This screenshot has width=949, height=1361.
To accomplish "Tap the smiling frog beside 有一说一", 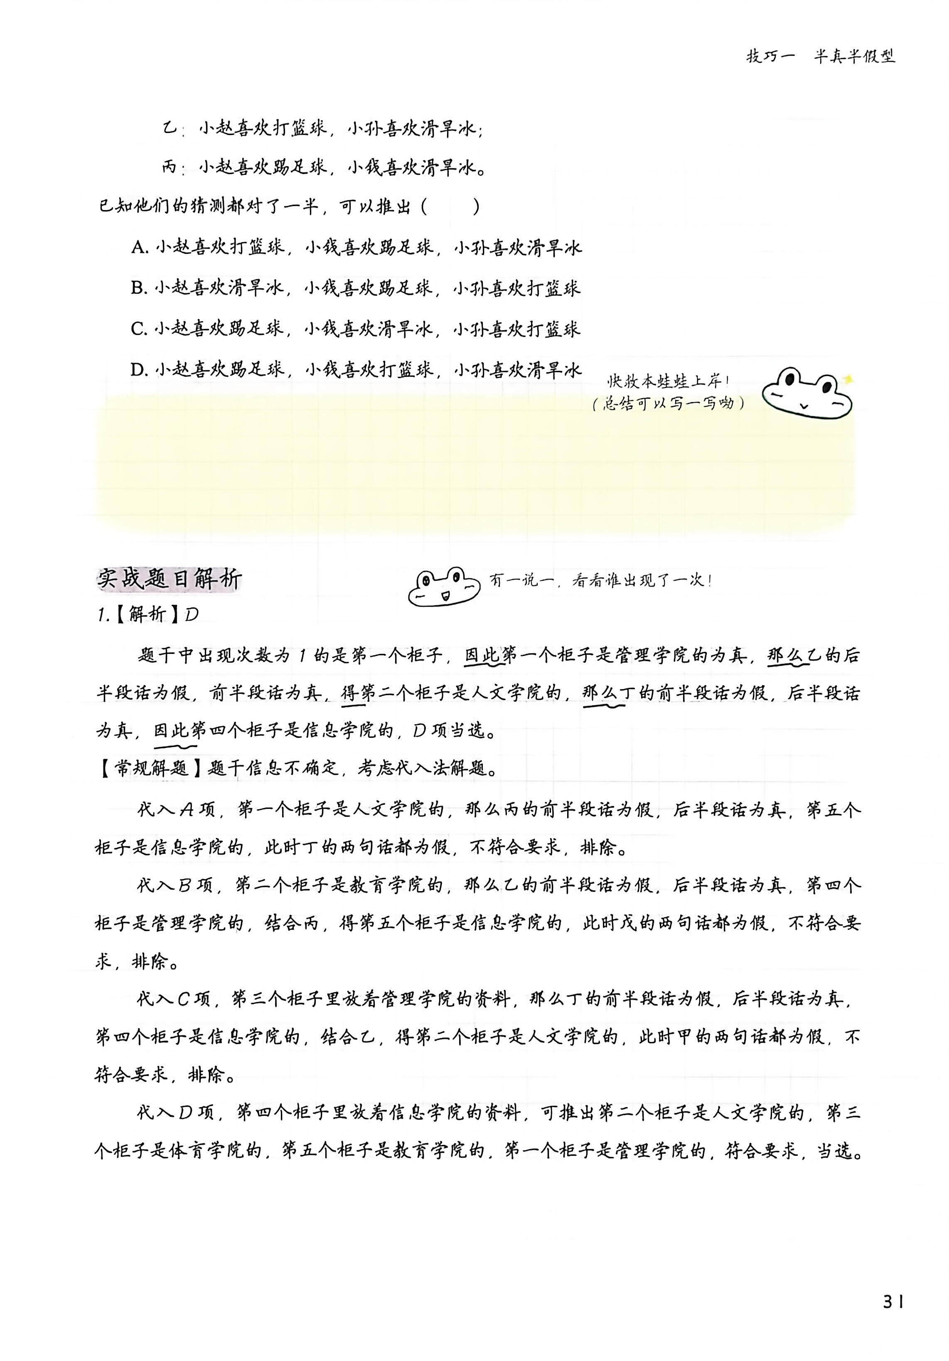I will point(443,586).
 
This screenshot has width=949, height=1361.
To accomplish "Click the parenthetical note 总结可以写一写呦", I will point(668,404).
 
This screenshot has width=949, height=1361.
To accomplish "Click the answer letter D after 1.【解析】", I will point(191,615).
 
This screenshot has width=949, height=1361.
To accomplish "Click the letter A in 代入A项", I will point(186,810).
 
